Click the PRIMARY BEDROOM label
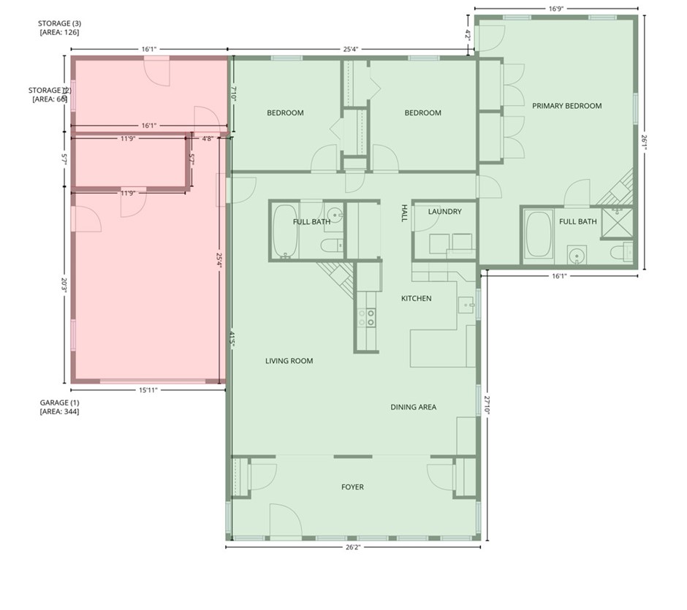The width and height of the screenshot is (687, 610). coord(566,106)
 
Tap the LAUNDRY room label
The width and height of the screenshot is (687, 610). coord(444,212)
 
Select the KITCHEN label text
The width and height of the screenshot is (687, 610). coord(416,298)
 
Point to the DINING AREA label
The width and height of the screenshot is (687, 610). coord(413,407)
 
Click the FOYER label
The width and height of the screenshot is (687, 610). coord(352,487)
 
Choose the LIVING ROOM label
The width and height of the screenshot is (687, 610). coord(289,361)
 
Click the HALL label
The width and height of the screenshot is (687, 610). coord(403,213)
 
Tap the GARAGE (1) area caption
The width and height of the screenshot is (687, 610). coord(59,407)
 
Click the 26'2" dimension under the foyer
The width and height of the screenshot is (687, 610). coord(352,546)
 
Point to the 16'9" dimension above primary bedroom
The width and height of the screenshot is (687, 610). coord(556,9)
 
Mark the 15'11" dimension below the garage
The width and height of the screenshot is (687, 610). coord(148,390)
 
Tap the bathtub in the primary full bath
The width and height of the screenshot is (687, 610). coord(539,235)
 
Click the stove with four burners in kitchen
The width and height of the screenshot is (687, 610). coord(366,317)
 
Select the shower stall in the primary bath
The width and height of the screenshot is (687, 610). coord(618,224)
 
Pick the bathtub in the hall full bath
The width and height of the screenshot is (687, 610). coord(284,231)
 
